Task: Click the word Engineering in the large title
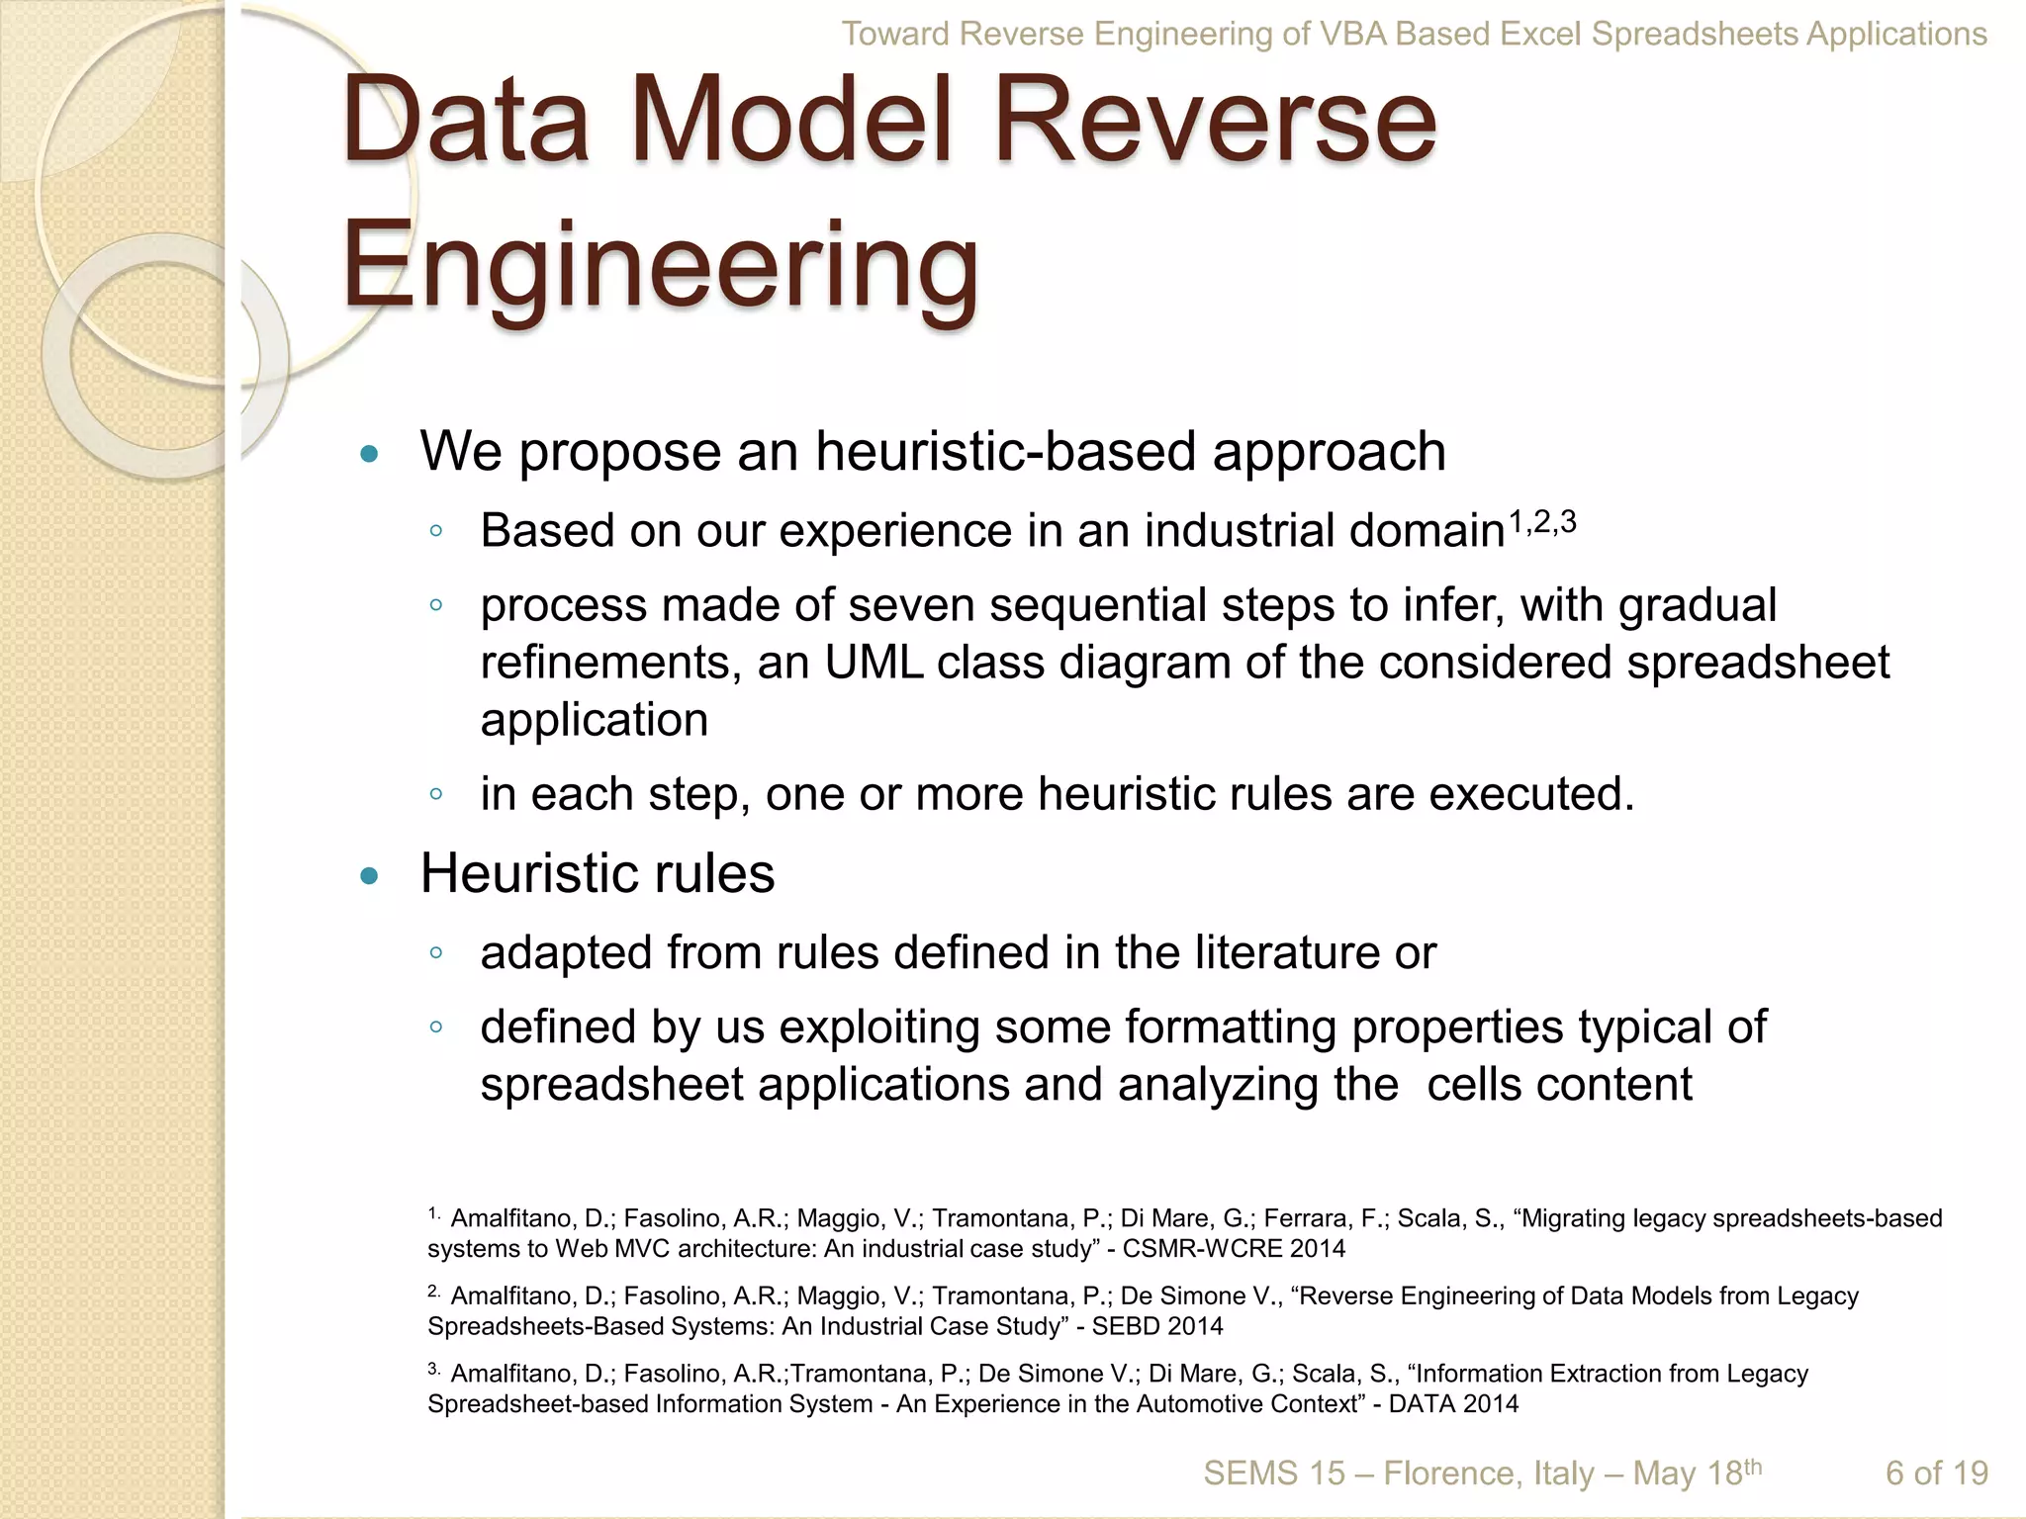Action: (660, 267)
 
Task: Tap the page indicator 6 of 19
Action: (1936, 1474)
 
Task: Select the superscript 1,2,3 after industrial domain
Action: (1542, 522)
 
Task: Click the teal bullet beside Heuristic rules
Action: (370, 876)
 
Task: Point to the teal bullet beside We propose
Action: (370, 455)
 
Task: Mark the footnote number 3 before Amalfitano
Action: (433, 1370)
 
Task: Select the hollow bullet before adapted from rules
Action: (435, 953)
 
